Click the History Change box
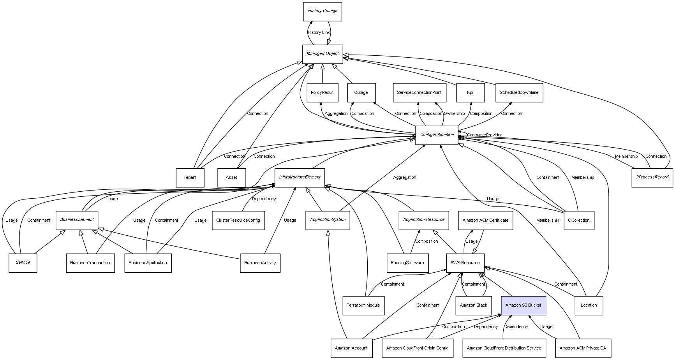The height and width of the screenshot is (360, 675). [323, 11]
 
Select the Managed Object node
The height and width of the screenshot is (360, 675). [323, 54]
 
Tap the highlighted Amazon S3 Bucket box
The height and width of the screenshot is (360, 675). [523, 305]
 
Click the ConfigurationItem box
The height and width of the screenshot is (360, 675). [437, 135]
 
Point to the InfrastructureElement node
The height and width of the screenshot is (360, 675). [300, 177]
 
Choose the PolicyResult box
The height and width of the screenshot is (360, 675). [322, 93]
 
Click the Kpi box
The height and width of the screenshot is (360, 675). [470, 93]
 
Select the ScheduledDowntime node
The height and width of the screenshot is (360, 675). [519, 93]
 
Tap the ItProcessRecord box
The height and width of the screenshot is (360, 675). [652, 177]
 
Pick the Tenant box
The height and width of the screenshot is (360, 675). [190, 178]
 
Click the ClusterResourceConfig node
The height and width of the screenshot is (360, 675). [238, 221]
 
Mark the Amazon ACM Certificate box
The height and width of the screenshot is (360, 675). [485, 221]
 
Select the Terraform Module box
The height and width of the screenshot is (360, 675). [363, 305]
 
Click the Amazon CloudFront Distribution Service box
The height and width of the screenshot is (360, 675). [504, 348]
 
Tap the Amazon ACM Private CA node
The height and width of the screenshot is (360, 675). [583, 348]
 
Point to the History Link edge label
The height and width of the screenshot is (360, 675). [319, 33]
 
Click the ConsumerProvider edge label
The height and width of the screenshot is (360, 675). [484, 135]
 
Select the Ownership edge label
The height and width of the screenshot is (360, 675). [454, 114]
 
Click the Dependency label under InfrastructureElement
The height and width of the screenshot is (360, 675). [264, 199]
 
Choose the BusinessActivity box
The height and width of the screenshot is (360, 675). [260, 263]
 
